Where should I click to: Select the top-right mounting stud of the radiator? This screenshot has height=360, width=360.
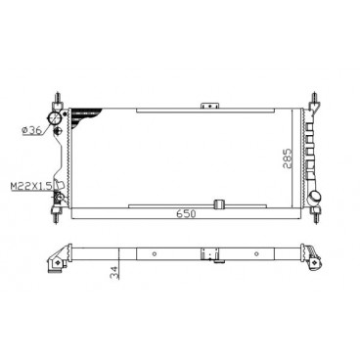pyautogui.click(x=314, y=98)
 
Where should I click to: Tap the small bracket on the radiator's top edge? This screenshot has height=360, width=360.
pyautogui.click(x=206, y=105)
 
